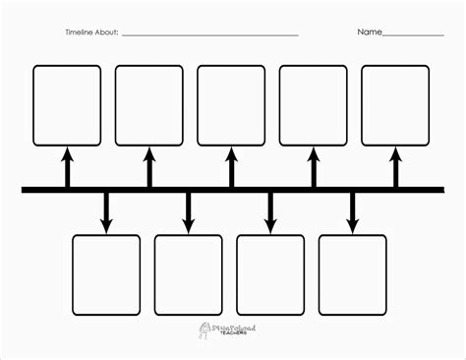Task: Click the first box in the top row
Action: coord(67,104)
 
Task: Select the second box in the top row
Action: coord(149,104)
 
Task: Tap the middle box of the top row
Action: coord(231,104)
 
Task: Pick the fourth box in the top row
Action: coord(313,104)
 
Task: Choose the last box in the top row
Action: coord(395,104)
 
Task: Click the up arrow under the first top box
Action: coord(67,165)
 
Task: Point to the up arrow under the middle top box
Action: coord(231,165)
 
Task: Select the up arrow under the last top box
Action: coord(395,165)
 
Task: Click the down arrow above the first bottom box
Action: coord(106,211)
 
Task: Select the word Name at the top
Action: coord(369,32)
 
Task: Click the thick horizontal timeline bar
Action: coord(231,188)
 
